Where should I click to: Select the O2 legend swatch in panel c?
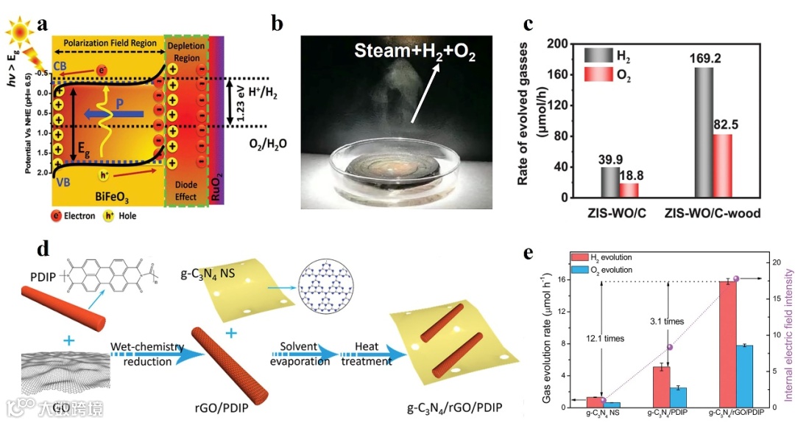(598, 74)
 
